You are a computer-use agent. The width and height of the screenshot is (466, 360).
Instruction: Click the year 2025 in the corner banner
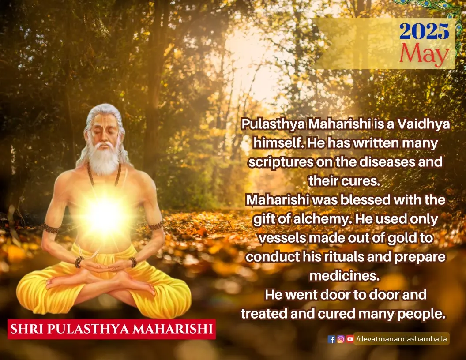[x=424, y=31]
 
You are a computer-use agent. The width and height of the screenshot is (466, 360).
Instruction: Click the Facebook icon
[x=331, y=339]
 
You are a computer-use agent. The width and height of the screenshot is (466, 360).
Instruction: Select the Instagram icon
[x=341, y=339]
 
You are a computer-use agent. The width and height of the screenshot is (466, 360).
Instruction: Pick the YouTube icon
[x=350, y=339]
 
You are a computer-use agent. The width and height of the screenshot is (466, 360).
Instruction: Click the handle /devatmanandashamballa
[x=401, y=339]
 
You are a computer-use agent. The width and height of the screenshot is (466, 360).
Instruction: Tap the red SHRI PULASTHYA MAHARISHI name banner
[x=112, y=329]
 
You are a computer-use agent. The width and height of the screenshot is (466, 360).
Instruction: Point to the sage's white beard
[x=104, y=159]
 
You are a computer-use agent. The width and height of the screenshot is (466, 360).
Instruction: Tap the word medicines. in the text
[x=345, y=276]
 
